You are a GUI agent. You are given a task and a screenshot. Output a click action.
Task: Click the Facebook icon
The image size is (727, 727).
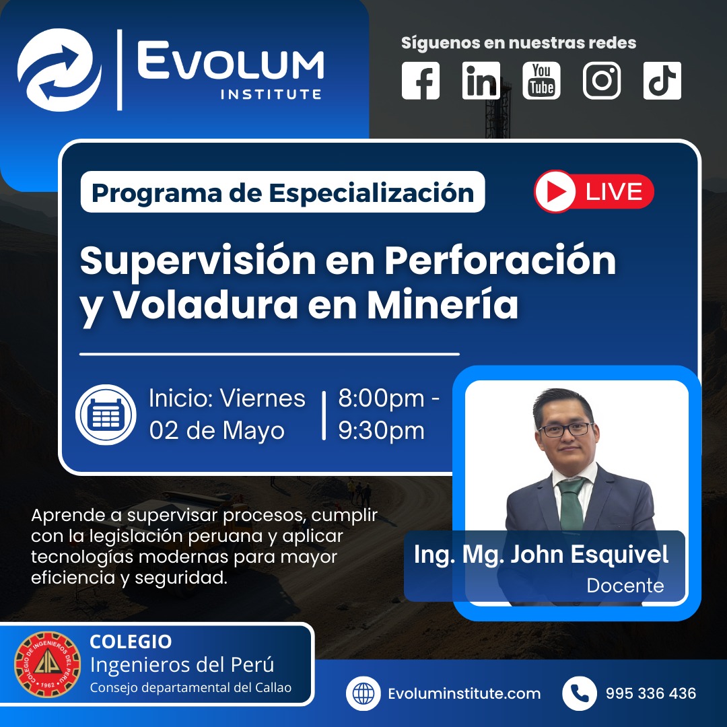[421, 81]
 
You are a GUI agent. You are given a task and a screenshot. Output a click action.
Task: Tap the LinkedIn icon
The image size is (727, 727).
[481, 81]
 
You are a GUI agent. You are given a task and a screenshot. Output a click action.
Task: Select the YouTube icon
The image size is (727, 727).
[541, 81]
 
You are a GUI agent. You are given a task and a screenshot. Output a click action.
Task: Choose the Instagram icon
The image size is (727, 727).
[602, 81]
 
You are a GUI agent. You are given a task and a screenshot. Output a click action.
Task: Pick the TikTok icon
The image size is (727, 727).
[662, 81]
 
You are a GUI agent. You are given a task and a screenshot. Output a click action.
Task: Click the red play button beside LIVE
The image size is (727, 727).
[555, 191]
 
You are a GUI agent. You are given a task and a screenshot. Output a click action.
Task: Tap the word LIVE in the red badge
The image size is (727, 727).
[614, 192]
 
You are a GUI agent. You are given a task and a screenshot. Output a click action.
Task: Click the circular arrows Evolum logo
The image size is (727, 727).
[59, 69]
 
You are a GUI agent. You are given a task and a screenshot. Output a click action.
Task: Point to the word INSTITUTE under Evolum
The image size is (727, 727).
[271, 95]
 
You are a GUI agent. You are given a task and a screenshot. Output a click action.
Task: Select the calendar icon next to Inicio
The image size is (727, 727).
[106, 415]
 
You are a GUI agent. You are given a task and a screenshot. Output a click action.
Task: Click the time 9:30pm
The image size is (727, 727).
[381, 431]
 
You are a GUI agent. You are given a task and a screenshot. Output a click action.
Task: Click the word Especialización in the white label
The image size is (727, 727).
[372, 193]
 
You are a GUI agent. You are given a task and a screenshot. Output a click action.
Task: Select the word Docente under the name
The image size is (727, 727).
[625, 586]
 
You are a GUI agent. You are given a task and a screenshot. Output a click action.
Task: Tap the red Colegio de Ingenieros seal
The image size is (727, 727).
[48, 664]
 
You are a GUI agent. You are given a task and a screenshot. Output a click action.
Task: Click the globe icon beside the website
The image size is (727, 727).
[363, 693]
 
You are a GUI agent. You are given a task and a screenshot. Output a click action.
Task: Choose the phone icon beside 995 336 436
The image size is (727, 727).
[579, 693]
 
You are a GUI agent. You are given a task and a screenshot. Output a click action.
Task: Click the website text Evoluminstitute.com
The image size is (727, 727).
[464, 693]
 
